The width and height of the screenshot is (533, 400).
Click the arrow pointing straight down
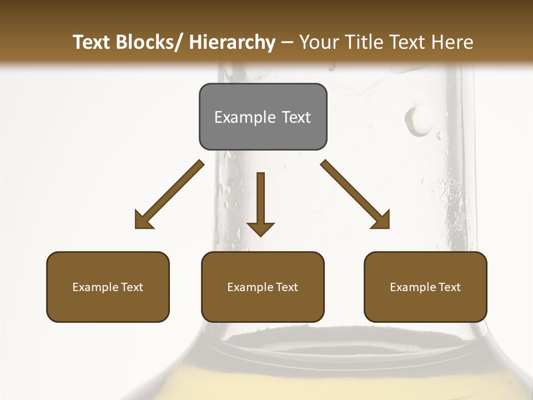pos(261,206)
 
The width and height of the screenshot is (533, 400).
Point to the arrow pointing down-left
pos(169,194)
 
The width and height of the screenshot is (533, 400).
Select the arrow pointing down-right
pos(355,194)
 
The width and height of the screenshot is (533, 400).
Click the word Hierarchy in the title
pos(232,42)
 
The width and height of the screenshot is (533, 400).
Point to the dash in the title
pos(287,43)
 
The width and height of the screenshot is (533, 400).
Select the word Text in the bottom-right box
pos(449,287)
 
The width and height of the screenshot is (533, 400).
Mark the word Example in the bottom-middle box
pos(250,287)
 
